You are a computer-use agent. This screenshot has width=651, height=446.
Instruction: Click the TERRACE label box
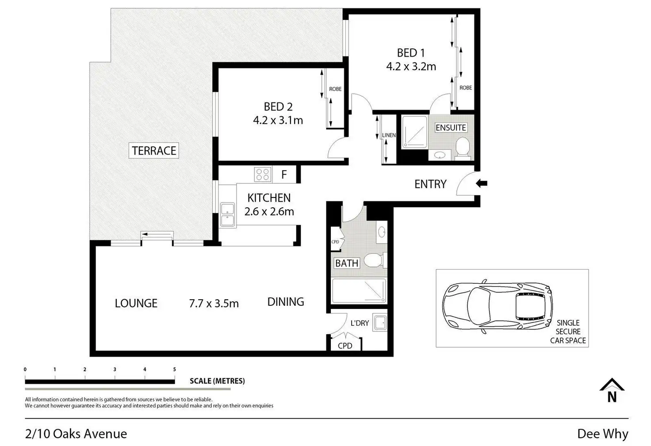point(154,150)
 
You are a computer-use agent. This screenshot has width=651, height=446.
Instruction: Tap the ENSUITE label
point(451,128)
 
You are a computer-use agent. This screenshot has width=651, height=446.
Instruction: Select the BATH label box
point(347,263)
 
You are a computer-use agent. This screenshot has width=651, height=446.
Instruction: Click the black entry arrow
point(482,183)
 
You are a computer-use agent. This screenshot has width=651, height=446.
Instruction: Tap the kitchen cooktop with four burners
point(263,174)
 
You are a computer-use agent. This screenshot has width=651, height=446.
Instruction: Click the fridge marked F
point(284,174)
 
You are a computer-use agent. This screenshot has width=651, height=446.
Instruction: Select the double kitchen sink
point(228,215)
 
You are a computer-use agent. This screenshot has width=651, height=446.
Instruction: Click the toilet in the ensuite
point(462,148)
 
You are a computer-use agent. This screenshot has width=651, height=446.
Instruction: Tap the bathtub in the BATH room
point(359,290)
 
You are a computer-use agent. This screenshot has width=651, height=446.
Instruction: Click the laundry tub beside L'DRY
point(380,322)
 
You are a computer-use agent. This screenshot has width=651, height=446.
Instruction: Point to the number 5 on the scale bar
point(174,369)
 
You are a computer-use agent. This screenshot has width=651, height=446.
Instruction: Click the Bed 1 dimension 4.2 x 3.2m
point(411,67)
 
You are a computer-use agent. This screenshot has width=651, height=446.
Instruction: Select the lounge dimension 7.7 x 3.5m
point(214,303)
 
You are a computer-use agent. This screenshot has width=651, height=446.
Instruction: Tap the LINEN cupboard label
point(389,135)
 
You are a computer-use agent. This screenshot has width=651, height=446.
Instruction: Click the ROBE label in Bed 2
point(335,89)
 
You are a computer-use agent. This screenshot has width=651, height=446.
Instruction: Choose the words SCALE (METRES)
point(217,381)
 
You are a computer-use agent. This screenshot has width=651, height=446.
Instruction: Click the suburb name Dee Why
point(602,434)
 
